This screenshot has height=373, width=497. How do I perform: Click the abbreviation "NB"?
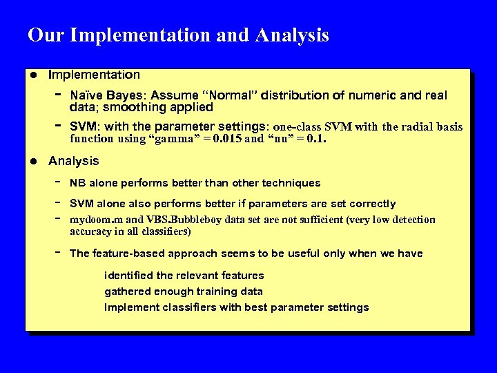coord(78,183)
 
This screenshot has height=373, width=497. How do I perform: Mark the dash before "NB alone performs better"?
coord(59,182)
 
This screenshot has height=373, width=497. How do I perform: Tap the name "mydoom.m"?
coord(97,220)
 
